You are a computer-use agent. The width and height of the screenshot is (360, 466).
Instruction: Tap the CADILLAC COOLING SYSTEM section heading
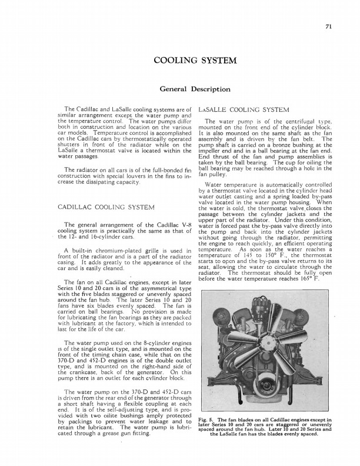pyautogui.click(x=106, y=191)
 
